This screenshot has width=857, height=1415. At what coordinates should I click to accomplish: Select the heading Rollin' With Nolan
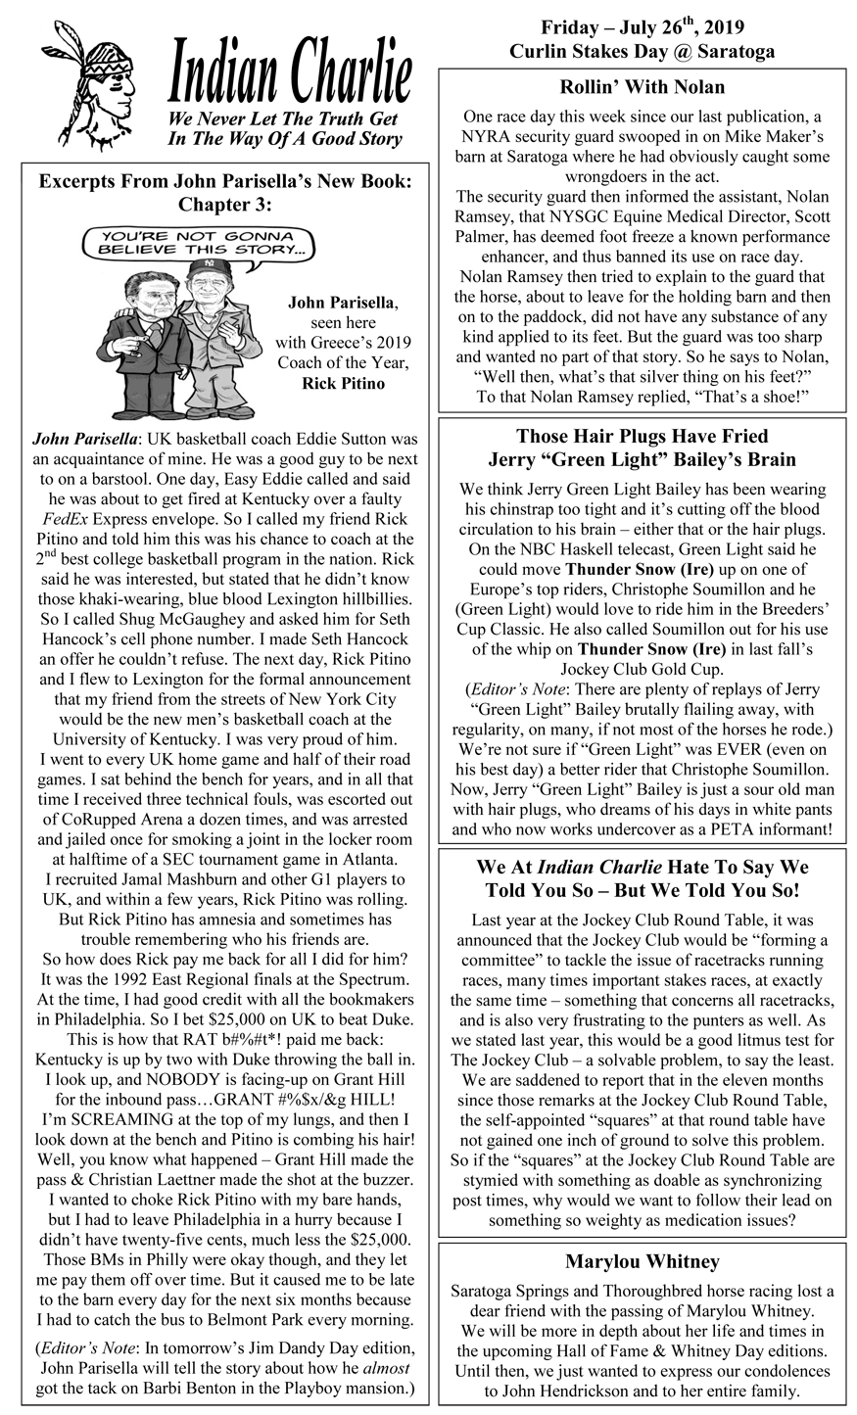pyautogui.click(x=642, y=87)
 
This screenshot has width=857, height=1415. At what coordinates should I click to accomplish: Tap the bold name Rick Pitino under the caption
pyautogui.click(x=337, y=383)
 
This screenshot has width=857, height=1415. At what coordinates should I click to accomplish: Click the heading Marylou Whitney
pyautogui.click(x=642, y=1260)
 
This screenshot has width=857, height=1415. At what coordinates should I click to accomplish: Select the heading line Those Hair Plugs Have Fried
pyautogui.click(x=642, y=436)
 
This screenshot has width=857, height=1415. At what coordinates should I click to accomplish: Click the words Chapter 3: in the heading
pyautogui.click(x=225, y=205)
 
